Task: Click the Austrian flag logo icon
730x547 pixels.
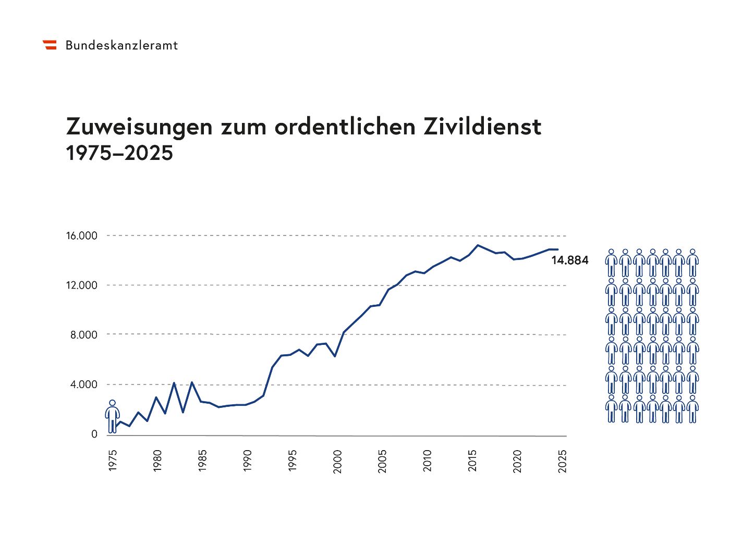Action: click(50, 45)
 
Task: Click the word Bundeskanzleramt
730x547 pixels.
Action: click(121, 45)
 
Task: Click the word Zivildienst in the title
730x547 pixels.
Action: click(482, 127)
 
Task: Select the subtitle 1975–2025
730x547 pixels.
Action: click(119, 153)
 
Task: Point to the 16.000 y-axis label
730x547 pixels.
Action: click(81, 236)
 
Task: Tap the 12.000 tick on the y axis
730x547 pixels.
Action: click(81, 285)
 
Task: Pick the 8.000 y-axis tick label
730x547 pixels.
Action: click(84, 335)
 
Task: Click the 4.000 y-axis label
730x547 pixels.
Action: click(84, 384)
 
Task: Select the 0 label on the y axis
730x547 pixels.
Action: click(94, 434)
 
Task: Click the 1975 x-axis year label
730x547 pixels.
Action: click(113, 460)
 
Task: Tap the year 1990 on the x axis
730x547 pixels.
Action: click(248, 460)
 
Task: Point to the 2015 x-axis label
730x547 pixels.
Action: click(472, 460)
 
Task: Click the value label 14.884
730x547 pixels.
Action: click(569, 260)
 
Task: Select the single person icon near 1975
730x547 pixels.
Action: click(112, 417)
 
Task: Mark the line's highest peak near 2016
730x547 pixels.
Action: click(478, 245)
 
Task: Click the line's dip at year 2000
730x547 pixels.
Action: click(335, 356)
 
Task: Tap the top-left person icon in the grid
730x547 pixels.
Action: click(611, 263)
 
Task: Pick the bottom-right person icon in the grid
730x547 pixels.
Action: click(692, 409)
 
